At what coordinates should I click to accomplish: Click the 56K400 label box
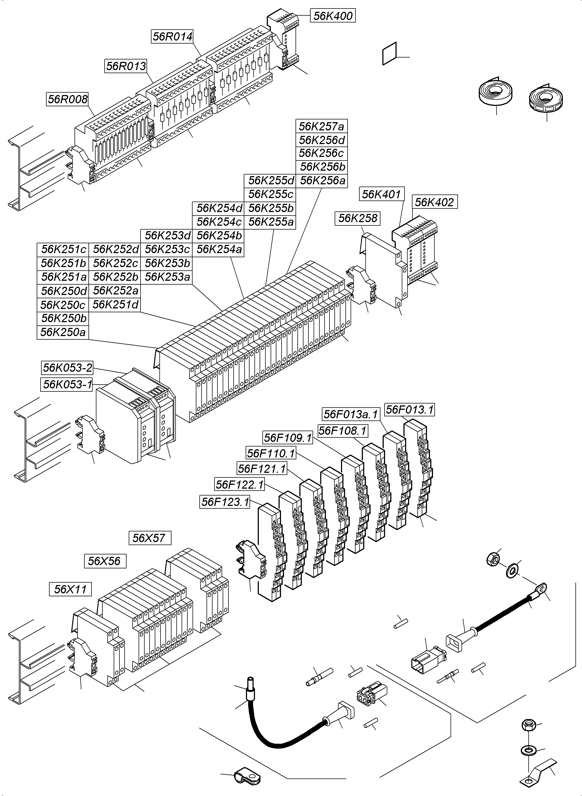click(332, 16)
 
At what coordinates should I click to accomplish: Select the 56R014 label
click(173, 36)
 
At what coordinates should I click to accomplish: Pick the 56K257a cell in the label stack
click(321, 126)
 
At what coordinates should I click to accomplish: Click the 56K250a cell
click(63, 332)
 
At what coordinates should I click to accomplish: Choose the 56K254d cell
click(219, 208)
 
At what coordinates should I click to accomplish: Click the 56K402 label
click(434, 202)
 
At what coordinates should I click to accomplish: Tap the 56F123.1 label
click(225, 502)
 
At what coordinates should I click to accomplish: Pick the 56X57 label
click(150, 538)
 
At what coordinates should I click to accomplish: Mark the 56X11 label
click(70, 589)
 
